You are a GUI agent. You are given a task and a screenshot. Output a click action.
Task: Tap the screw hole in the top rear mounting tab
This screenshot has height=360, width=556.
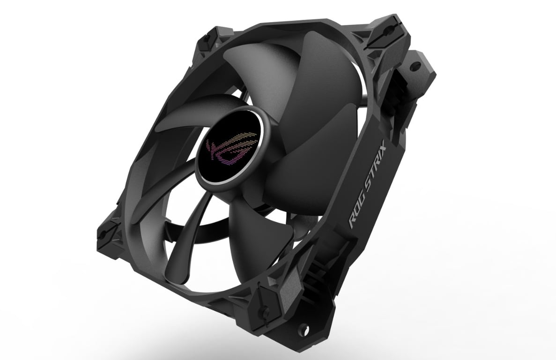click(415, 66)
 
